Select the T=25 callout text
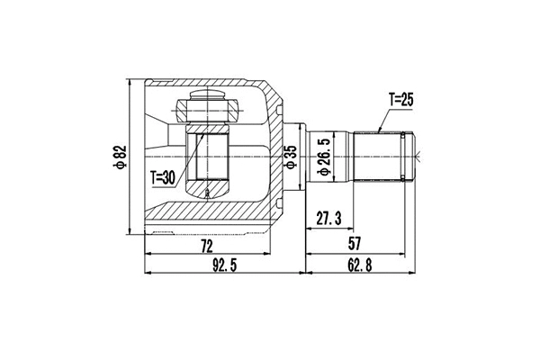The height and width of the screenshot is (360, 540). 402,101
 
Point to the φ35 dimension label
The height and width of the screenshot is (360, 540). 291,158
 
